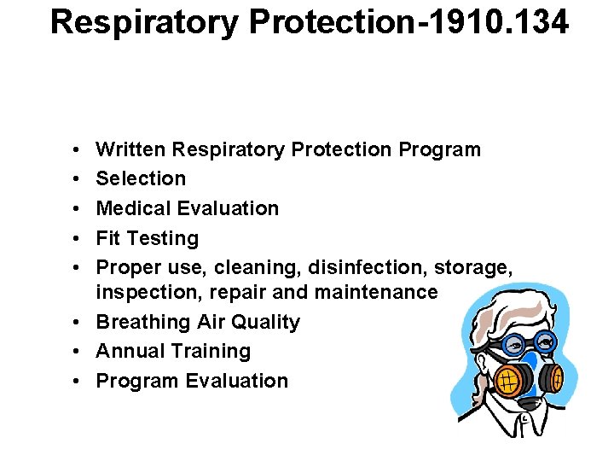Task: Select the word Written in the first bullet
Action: (130, 149)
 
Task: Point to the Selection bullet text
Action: (141, 178)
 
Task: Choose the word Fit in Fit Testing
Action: (108, 238)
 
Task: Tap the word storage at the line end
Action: (473, 268)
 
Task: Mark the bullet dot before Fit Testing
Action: (78, 238)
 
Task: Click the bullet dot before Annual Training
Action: (78, 351)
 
